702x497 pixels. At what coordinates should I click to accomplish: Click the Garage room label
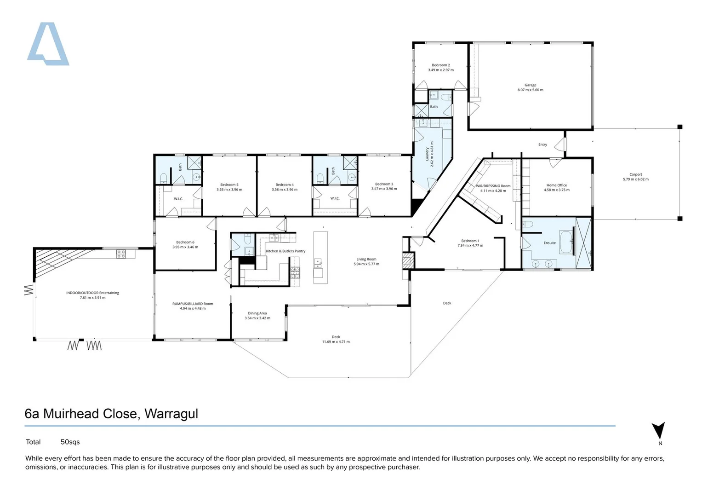pos(530,85)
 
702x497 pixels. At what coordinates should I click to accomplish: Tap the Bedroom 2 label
pos(440,65)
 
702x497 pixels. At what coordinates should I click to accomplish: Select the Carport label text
pos(635,174)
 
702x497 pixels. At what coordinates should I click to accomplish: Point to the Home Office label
pos(556,185)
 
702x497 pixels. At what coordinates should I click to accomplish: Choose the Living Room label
pos(366,260)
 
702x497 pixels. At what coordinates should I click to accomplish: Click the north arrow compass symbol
pos(658,431)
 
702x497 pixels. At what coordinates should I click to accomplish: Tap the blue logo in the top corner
pos(48,44)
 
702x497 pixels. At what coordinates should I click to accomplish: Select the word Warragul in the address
pos(171,414)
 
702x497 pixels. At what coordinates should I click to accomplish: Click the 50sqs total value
pos(70,442)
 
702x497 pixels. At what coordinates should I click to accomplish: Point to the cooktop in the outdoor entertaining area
pos(121,254)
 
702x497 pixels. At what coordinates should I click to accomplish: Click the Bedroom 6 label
pos(185,242)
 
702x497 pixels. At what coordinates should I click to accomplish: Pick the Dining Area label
pos(257,313)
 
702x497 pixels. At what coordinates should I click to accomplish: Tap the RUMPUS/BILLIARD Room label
pos(193,304)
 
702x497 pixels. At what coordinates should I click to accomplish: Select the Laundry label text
pos(427,154)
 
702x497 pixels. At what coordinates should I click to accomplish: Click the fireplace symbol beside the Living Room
pos(407,261)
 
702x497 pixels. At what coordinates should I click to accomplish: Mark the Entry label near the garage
pos(542,144)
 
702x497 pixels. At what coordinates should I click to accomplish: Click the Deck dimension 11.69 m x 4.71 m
pos(336,342)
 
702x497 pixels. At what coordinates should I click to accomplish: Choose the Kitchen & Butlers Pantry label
pos(285,251)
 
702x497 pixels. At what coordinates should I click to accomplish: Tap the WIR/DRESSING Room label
pos(493,186)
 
